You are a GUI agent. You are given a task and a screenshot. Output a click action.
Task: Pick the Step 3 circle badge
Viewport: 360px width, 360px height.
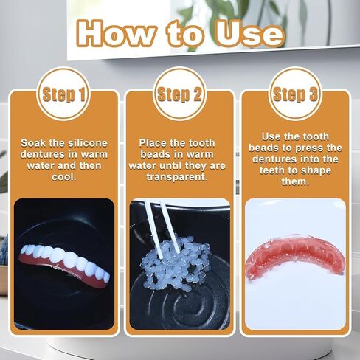294,94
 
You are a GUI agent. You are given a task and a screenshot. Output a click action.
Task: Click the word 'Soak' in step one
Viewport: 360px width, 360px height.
34,142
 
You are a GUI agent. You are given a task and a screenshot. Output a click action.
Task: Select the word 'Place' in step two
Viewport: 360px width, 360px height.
153,142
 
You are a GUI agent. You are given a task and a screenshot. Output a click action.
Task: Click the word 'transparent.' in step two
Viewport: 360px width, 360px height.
180,178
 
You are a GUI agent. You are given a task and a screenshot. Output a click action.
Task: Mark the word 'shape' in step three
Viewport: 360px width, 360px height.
318,171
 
